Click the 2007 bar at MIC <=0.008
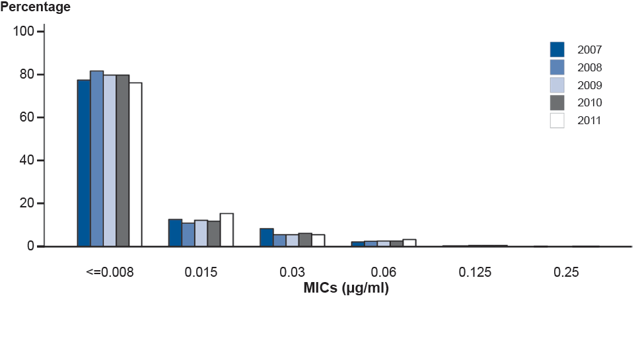coord(84,163)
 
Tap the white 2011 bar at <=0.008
coord(135,164)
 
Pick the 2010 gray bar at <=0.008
coord(122,161)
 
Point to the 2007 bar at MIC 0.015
coord(175,233)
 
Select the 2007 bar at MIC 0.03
coord(266,237)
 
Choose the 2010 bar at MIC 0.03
coord(304,239)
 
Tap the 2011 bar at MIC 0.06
coord(409,242)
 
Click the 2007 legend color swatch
coord(557,50)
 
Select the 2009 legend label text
coord(588,85)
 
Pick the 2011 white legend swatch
coord(557,120)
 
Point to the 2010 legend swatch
coord(557,102)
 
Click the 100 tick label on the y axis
coord(27,32)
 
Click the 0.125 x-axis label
coord(475,272)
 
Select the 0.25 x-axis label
coord(566,272)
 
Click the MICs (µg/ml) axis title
coord(346,288)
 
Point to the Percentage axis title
coord(36,8)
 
